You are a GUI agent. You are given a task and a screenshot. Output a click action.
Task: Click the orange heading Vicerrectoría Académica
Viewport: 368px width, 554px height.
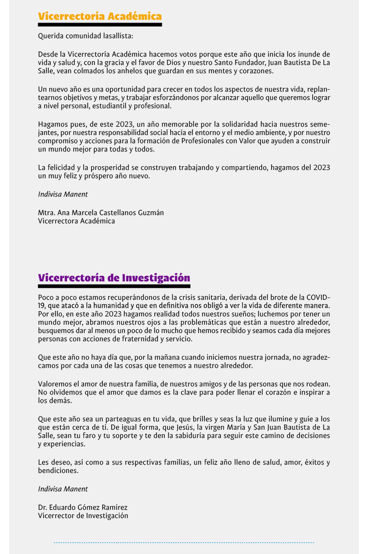(x=100, y=17)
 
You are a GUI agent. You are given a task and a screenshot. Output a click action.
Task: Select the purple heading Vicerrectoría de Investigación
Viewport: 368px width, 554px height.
(x=114, y=278)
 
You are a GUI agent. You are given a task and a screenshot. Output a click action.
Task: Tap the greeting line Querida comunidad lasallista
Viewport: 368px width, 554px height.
(x=85, y=35)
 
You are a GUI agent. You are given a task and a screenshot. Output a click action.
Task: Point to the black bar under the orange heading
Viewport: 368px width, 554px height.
(x=100, y=24)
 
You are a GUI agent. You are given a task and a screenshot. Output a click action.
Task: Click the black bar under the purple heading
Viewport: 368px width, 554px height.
(x=114, y=286)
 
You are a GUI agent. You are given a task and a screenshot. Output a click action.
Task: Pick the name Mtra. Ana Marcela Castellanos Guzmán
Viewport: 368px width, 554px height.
(x=101, y=213)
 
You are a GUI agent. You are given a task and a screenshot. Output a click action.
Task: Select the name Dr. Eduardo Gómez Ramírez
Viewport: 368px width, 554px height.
(x=83, y=507)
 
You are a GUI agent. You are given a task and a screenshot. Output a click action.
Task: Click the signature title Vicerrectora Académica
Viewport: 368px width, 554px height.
(x=76, y=221)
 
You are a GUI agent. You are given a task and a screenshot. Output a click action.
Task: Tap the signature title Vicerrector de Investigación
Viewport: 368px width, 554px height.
(x=83, y=516)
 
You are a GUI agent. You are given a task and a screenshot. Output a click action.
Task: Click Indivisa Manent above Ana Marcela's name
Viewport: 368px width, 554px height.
(x=63, y=194)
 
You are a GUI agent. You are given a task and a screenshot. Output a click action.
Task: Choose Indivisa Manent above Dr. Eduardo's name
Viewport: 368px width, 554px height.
(x=63, y=489)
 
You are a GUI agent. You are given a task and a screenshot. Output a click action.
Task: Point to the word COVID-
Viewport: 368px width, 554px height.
(x=318, y=297)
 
